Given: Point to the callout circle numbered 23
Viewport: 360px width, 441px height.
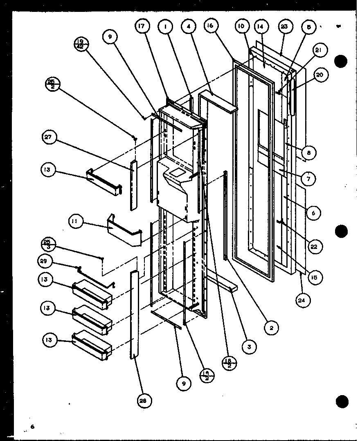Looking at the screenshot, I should click(x=284, y=27).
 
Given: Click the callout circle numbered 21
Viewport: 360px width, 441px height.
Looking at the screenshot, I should click(x=319, y=50).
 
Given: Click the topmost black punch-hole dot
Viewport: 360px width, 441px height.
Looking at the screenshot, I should click(x=340, y=62).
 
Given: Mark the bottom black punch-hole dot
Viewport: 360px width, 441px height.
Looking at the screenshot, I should click(x=341, y=401).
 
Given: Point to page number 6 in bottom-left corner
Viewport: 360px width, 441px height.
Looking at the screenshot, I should click(x=32, y=427).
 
